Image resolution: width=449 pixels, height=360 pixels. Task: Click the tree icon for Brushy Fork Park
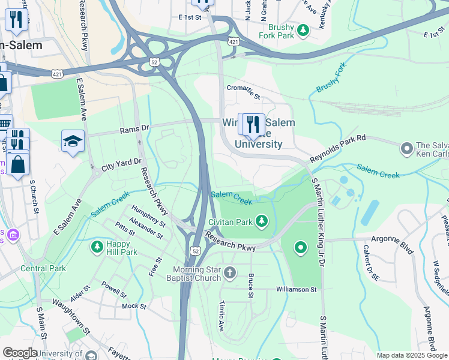(x=304, y=29)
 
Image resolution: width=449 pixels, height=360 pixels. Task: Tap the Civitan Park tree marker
(x=262, y=222)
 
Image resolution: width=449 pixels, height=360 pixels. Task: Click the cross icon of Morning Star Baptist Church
(x=229, y=274)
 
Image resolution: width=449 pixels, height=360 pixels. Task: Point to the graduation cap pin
(x=73, y=142)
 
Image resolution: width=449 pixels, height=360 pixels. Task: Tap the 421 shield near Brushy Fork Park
(x=234, y=41)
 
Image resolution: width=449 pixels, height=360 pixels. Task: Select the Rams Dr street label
(x=134, y=129)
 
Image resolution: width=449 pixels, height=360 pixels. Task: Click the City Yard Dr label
(x=121, y=165)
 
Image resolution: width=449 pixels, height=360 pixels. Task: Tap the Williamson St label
(x=296, y=289)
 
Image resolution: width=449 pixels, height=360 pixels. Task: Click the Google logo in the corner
(x=20, y=353)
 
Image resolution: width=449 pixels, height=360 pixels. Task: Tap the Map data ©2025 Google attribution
(x=411, y=355)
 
